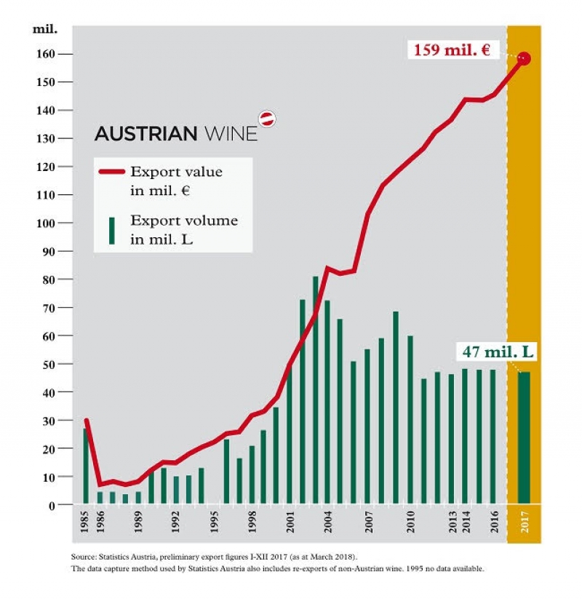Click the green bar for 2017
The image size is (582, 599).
[523, 437]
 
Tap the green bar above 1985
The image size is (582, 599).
[85, 466]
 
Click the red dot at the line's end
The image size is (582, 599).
[524, 58]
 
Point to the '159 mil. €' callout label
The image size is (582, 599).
[452, 51]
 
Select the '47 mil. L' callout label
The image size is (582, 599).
[498, 352]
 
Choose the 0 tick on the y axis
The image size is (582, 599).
[50, 504]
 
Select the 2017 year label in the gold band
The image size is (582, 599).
[525, 524]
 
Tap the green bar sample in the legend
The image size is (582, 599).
[111, 229]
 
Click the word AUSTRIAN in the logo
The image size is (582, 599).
[145, 134]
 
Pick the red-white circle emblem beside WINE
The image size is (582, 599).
[268, 119]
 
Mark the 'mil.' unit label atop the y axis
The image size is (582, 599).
[44, 30]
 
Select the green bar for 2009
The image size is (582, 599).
[396, 408]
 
